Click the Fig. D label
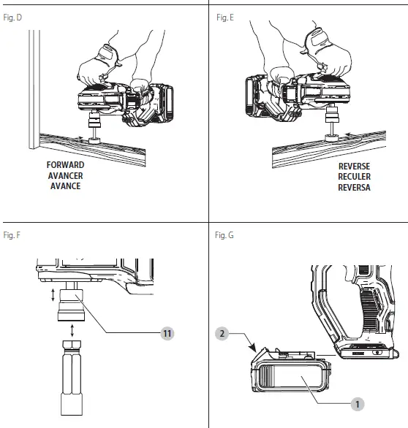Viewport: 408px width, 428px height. (x=12, y=18)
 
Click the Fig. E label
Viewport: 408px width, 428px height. (x=225, y=18)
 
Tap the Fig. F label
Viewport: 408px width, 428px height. (x=12, y=235)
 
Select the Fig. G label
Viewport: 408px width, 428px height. (x=224, y=235)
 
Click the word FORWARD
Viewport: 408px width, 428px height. (x=65, y=165)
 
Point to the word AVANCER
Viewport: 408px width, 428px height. (x=65, y=175)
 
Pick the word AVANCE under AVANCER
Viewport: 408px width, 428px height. (x=65, y=186)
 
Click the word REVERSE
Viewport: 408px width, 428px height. (x=354, y=167)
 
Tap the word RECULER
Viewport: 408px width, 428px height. (x=354, y=177)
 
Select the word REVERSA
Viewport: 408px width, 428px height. (x=354, y=188)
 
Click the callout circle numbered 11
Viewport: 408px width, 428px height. (x=167, y=333)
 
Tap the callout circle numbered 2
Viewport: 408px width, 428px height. (x=222, y=333)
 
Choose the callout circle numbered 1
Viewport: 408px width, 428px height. (x=358, y=404)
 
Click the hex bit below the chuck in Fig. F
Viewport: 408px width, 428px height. (x=72, y=378)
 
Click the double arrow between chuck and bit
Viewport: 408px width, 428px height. (x=72, y=330)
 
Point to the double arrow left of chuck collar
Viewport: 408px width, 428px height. (x=53, y=295)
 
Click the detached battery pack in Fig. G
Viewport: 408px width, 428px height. (x=291, y=370)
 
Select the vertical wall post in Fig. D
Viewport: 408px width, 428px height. (x=34, y=89)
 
